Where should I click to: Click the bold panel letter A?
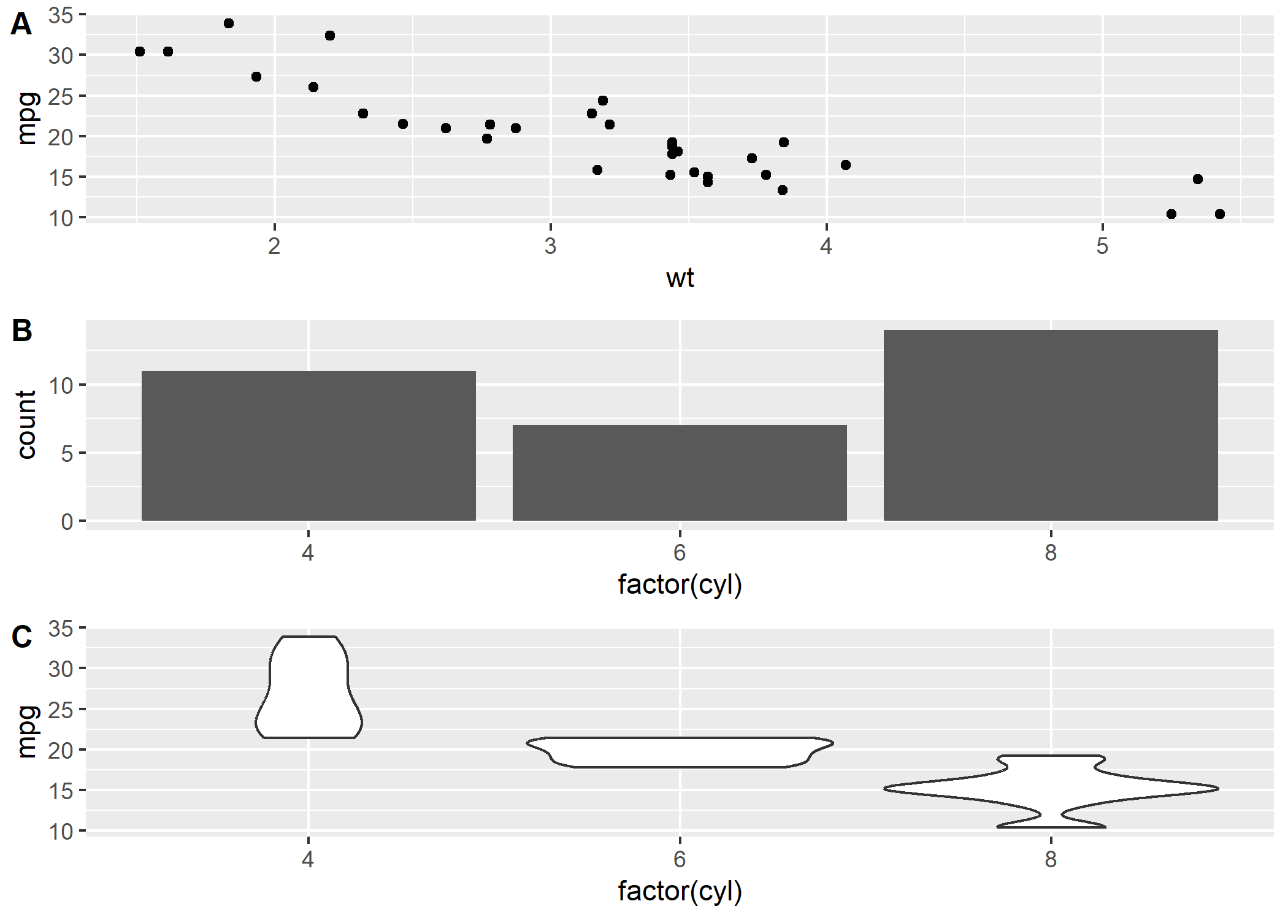point(21,25)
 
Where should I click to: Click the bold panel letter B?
point(22,331)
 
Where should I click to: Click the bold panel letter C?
point(22,637)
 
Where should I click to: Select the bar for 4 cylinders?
point(309,446)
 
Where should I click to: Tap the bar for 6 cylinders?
point(680,473)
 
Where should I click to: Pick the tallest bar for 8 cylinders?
point(1051,425)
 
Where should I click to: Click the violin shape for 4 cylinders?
point(309,693)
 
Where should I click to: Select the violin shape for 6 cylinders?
point(680,752)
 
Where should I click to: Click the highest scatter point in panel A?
point(229,23)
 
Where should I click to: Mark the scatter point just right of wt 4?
point(846,165)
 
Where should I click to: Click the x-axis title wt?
point(680,278)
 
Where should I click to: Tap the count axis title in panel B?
point(26,424)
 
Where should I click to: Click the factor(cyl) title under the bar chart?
point(680,585)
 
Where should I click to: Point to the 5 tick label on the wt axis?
point(1102,247)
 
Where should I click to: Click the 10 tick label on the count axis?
point(61,386)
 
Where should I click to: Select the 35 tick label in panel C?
point(61,629)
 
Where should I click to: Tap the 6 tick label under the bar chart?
point(680,553)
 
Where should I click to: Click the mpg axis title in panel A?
point(26,118)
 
